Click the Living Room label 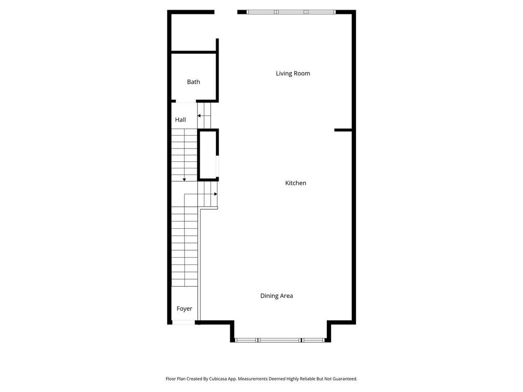point(293,73)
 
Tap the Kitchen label point(296,183)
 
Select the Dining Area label point(276,296)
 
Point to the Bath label point(194,82)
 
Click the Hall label point(180,119)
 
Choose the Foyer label point(184,309)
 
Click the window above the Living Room point(291,12)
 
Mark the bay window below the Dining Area point(280,340)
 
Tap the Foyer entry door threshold point(183,323)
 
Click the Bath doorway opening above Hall point(186,101)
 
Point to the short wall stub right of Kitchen point(343,130)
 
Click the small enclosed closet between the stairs point(208,155)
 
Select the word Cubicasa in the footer point(218,379)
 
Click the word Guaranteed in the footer point(345,379)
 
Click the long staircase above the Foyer point(184,247)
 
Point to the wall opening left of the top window point(226,12)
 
